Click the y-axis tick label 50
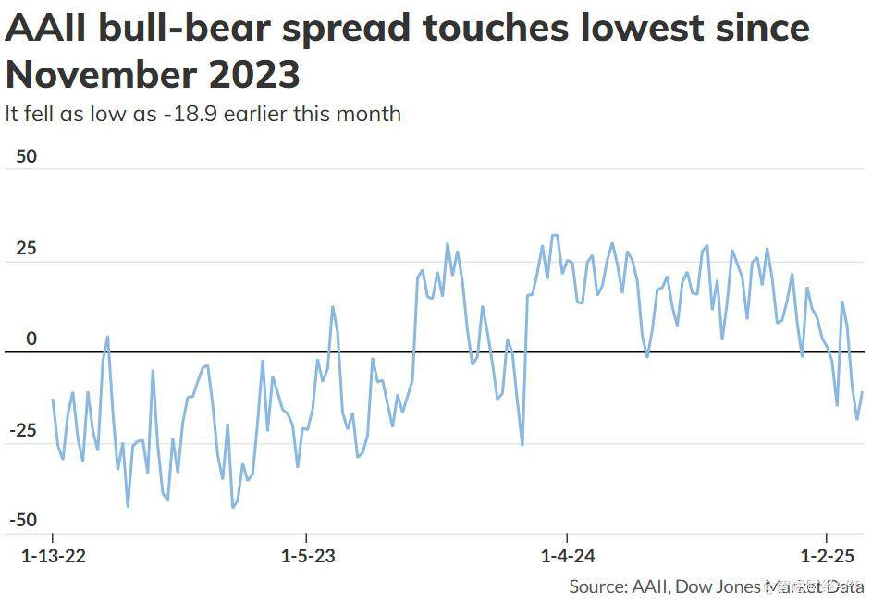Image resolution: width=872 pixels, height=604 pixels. coord(27,156)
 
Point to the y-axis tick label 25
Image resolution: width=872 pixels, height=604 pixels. coord(27,249)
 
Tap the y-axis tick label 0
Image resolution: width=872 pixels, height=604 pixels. coord(31,339)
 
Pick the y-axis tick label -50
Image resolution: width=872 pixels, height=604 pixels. coord(23,520)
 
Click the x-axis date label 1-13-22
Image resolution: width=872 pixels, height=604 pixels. coord(53,557)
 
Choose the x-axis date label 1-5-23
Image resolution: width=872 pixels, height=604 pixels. coord(307,557)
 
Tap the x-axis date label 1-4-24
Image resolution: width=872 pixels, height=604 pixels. coord(567,557)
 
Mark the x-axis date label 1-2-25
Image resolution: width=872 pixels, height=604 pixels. coord(827,557)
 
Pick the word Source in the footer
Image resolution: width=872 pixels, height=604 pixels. coord(596,586)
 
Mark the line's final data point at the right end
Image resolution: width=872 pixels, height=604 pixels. coord(862,392)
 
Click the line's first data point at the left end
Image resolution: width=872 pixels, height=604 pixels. coord(53,400)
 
